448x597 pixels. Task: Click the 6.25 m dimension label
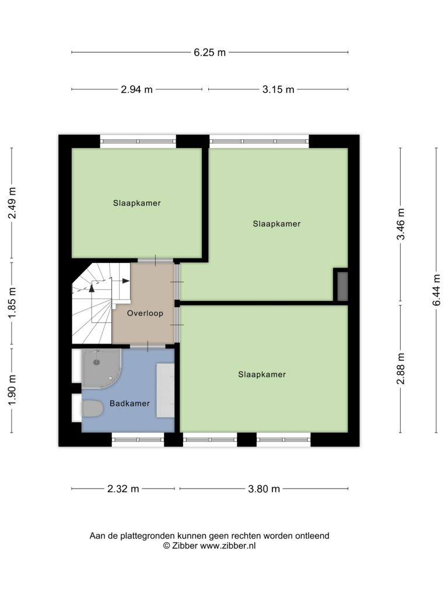[x=209, y=52]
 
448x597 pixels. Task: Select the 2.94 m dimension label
[x=136, y=89]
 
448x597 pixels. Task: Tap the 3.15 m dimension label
[x=278, y=89]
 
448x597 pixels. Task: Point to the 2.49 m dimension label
[x=12, y=203]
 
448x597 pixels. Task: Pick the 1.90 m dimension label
[x=12, y=390]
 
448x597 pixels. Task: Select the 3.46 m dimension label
[x=401, y=224]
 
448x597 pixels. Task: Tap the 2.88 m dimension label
[x=401, y=368]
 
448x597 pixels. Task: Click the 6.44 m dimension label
[x=436, y=290]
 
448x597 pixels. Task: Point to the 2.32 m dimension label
[x=123, y=489]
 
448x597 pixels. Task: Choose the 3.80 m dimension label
[x=264, y=489]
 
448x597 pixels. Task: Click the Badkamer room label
[x=129, y=403]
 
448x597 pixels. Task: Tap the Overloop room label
[x=145, y=313]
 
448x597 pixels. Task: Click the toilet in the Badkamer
[x=92, y=409]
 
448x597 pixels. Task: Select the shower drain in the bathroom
[x=97, y=363]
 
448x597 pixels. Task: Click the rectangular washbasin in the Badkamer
[x=165, y=390]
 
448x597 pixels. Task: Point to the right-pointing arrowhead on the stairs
[x=126, y=281]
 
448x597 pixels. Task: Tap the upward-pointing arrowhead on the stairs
[x=92, y=288]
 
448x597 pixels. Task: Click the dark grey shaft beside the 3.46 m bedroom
[x=342, y=286]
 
